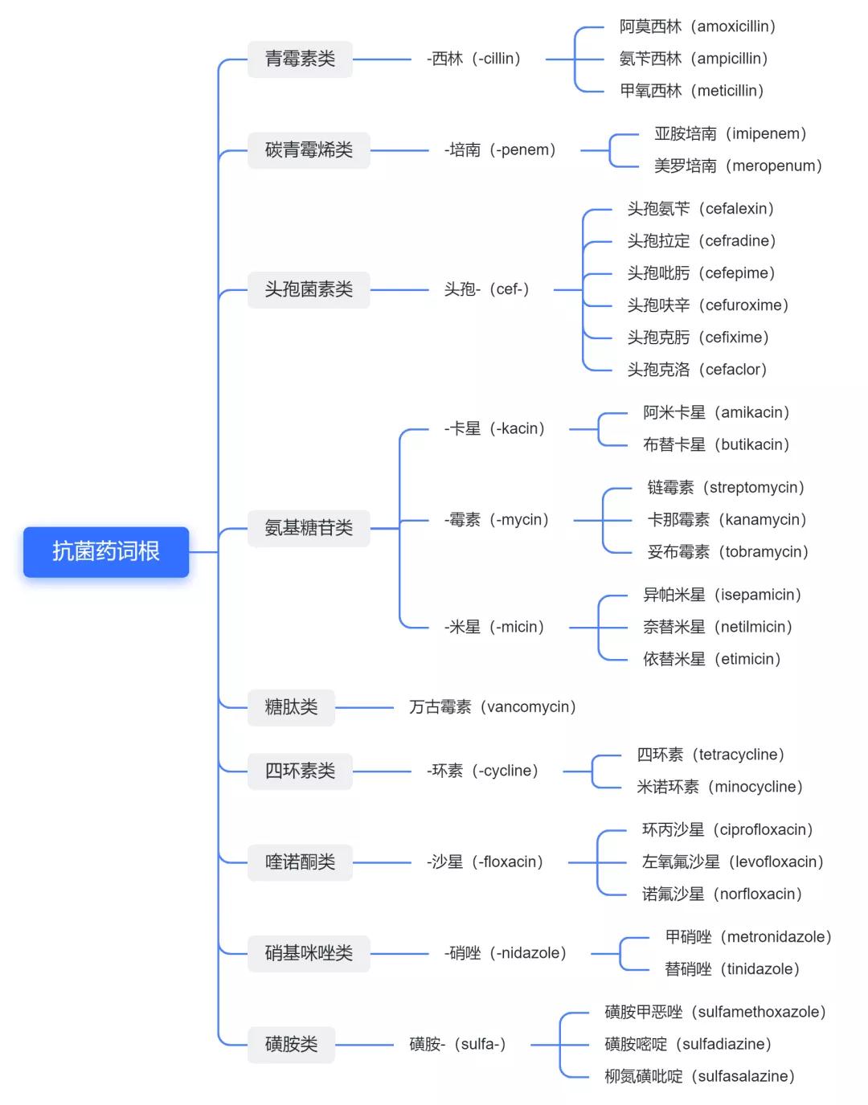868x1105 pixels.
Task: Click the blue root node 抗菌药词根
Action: (x=106, y=552)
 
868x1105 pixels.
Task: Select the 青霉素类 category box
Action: (x=300, y=59)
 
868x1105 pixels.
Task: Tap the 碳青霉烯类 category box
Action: (x=309, y=150)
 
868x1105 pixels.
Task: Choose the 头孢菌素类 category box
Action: (x=309, y=289)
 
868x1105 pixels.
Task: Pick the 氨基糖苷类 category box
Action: (x=309, y=528)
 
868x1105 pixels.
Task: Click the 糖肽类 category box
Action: (x=292, y=707)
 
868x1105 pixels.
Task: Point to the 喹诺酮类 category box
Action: (x=300, y=862)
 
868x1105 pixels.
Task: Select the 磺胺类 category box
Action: (x=292, y=1044)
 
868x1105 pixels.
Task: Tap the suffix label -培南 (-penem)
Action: (x=501, y=150)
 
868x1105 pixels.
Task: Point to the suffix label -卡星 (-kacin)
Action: (x=495, y=428)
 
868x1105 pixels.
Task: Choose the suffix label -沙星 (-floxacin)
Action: (x=485, y=862)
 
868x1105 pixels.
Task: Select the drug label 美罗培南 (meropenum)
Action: (x=739, y=166)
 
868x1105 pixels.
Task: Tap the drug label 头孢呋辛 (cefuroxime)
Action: (x=708, y=305)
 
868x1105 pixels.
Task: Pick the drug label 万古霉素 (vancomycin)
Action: (x=493, y=707)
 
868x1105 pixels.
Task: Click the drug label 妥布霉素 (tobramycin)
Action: (x=728, y=552)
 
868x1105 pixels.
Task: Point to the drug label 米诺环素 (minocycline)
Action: (x=720, y=788)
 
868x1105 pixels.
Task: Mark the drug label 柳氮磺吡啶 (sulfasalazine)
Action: (x=700, y=1077)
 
